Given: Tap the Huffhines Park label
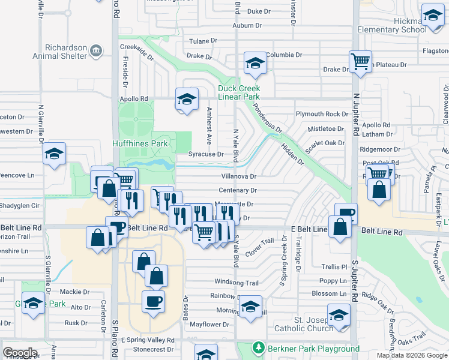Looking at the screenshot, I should point(140,143).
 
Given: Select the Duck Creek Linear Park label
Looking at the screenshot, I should point(239,92).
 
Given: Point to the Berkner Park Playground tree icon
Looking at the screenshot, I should point(259,348).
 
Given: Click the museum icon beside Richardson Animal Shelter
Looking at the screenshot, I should point(95,50).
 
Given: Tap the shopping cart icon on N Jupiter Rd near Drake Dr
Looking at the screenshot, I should point(360,61).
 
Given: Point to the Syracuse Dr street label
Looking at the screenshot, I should point(206,154).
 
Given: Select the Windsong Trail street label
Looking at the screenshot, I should point(237,283).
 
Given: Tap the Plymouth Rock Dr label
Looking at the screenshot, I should point(322,114).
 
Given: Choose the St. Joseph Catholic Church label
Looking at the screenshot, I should point(304,324).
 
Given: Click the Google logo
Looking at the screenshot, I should point(20,353).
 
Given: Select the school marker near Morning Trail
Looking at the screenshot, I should point(251,306).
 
